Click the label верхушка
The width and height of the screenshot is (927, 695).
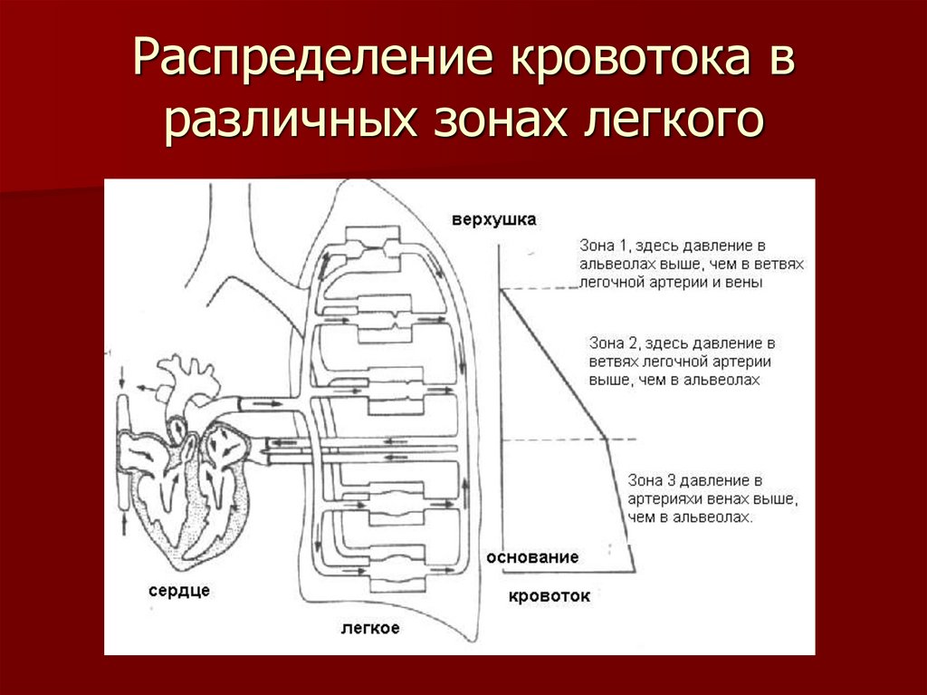tap(495, 219)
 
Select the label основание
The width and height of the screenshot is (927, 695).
tap(532, 557)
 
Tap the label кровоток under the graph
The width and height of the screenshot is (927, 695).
tap(549, 595)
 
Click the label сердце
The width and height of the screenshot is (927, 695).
tap(178, 590)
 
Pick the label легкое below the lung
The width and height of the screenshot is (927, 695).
tap(370, 627)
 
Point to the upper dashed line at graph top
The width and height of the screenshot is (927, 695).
tap(540, 288)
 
